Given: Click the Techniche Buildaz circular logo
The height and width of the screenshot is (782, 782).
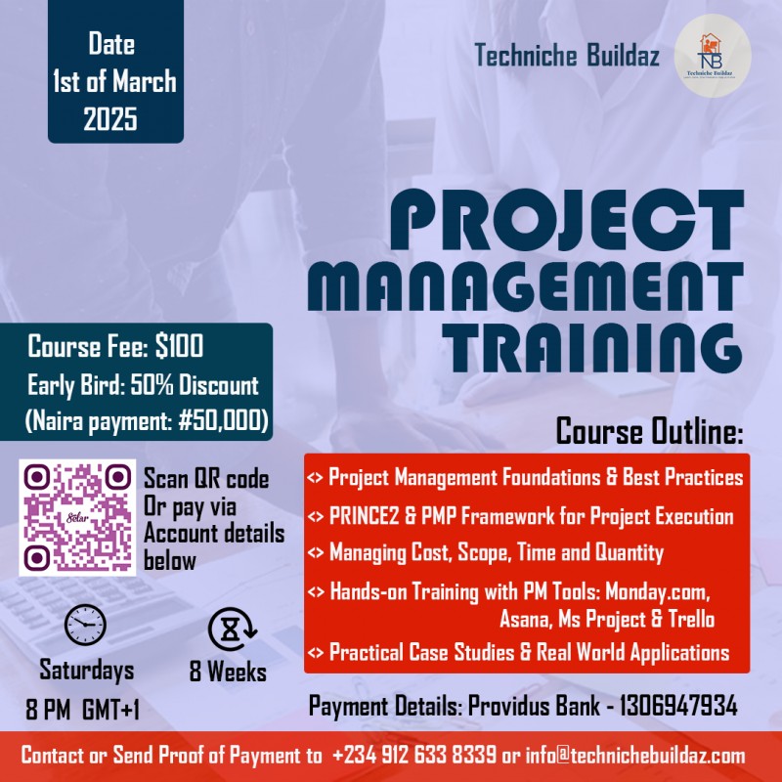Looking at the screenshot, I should tap(713, 56).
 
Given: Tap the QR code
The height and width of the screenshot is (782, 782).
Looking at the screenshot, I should tap(77, 518).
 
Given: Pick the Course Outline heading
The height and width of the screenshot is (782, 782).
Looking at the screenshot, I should tap(649, 430).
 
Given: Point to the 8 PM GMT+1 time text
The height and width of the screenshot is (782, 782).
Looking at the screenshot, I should tap(83, 710).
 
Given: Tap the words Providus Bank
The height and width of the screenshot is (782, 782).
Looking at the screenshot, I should tap(522, 707).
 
